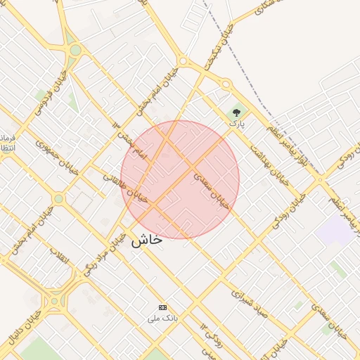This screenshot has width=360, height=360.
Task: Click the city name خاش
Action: pyautogui.click(x=146, y=239)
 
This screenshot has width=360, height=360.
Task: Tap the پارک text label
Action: pyautogui.click(x=237, y=123)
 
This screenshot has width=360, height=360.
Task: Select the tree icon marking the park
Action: pyautogui.click(x=236, y=112)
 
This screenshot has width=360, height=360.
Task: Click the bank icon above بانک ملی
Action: pyautogui.click(x=163, y=307)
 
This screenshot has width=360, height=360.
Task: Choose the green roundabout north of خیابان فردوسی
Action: pyautogui.click(x=75, y=50)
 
